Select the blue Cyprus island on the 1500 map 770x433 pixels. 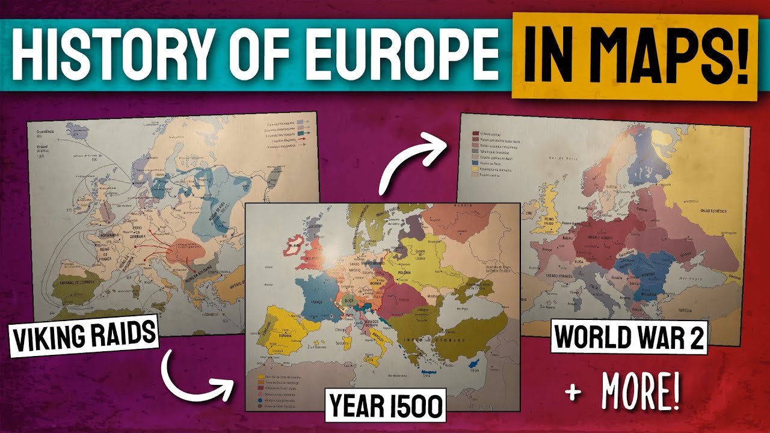(476, 367)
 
